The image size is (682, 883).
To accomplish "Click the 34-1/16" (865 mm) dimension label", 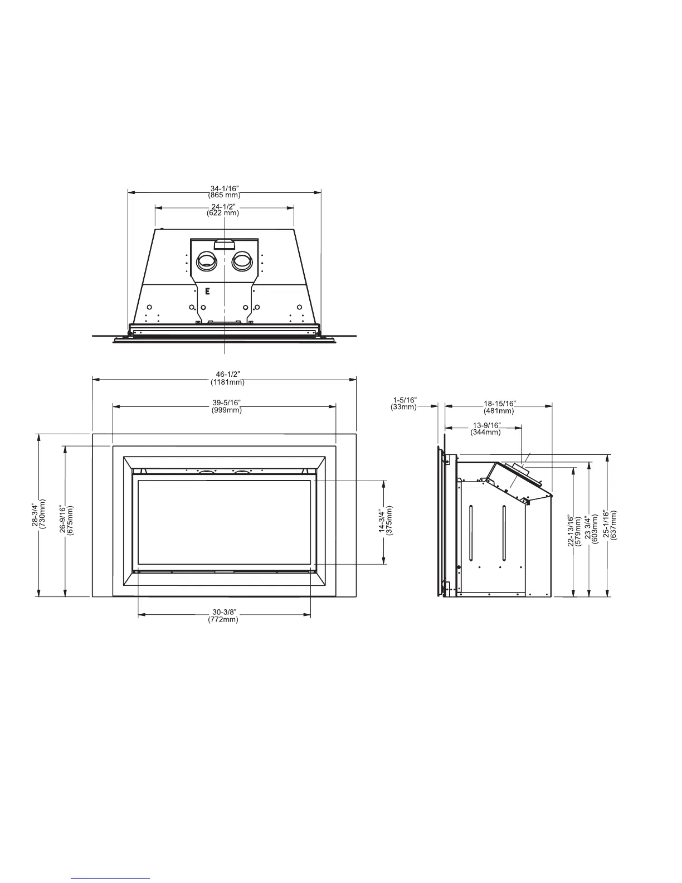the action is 224,192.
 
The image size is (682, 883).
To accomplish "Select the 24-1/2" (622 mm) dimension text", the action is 223,210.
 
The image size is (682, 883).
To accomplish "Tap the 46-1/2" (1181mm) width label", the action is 227,378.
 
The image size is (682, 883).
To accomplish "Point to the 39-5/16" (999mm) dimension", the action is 226,406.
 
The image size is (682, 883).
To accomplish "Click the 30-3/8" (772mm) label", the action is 223,615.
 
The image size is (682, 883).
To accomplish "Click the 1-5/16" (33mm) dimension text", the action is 404,404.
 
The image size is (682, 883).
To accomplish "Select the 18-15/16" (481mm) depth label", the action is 499,407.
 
